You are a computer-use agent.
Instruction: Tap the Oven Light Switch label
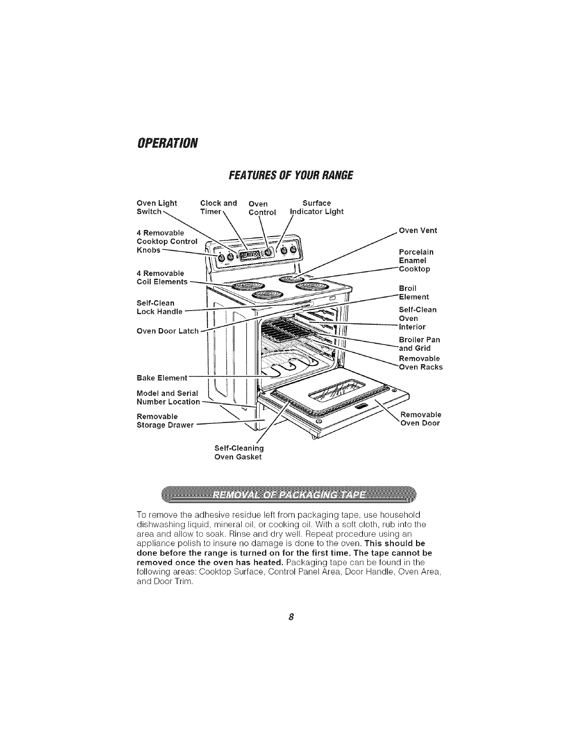coord(156,208)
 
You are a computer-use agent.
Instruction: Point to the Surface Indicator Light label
coord(317,208)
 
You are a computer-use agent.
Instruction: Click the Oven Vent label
coord(418,231)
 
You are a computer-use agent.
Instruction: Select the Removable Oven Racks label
coord(420,363)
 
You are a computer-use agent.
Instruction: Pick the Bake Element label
coord(162,378)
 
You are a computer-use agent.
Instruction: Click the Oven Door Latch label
coord(167,331)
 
